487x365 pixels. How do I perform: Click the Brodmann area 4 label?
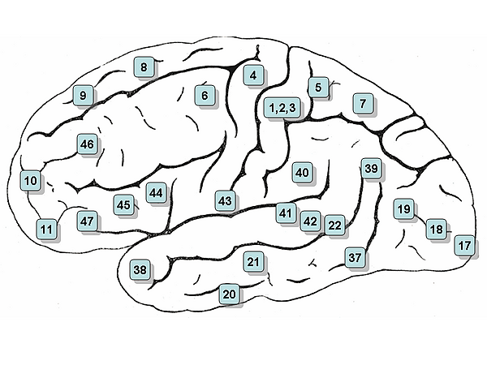click(x=253, y=75)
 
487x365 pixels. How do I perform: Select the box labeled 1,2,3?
click(x=282, y=108)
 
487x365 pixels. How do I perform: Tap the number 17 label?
click(x=464, y=246)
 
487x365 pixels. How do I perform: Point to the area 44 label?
click(x=156, y=193)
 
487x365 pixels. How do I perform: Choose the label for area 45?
click(x=123, y=205)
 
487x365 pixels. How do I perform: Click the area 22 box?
click(x=334, y=225)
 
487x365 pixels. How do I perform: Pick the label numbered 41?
click(x=286, y=213)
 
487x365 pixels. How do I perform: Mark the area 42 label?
click(x=310, y=221)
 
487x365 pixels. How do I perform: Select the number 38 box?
click(x=140, y=270)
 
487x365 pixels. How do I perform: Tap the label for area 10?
click(x=31, y=180)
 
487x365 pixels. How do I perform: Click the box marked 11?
click(x=46, y=230)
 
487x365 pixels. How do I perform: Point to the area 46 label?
click(x=87, y=144)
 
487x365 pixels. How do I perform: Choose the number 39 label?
click(x=372, y=169)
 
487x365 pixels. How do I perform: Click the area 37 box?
click(x=355, y=257)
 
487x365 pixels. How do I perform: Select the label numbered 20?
click(x=230, y=294)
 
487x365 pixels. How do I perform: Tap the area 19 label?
click(x=404, y=209)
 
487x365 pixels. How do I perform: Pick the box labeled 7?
click(x=363, y=103)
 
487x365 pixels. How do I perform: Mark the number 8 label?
click(x=144, y=67)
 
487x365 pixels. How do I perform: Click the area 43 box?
click(x=225, y=201)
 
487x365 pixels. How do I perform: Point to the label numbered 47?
click(x=87, y=221)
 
